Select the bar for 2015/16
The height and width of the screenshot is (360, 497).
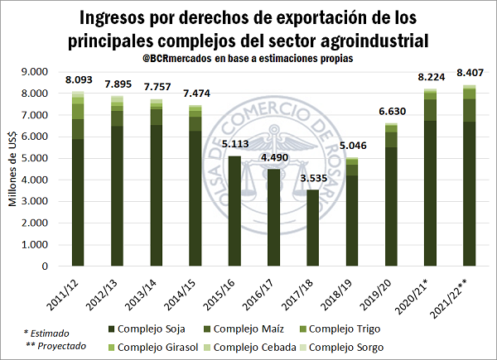pos(234,211)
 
